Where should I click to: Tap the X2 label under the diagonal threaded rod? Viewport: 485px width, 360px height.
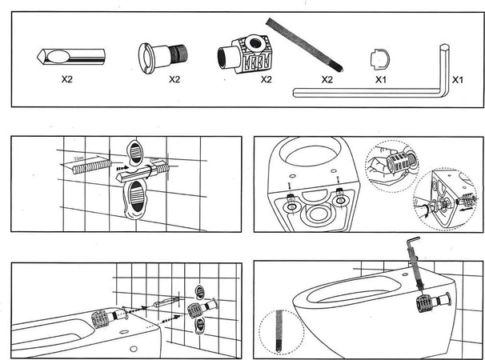click(327, 80)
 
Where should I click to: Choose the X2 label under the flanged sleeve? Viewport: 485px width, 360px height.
click(174, 80)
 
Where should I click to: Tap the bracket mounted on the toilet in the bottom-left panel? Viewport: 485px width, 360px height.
click(100, 319)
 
